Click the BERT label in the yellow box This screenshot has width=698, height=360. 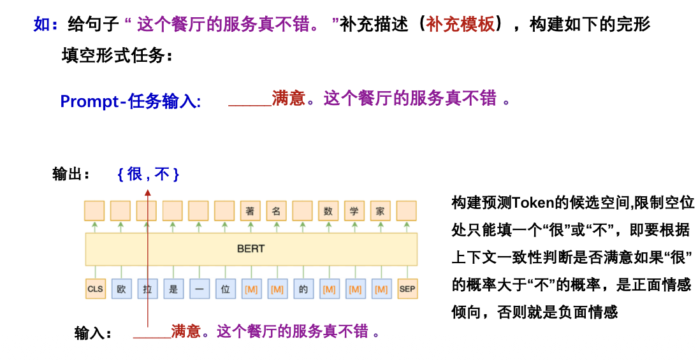[x=251, y=248]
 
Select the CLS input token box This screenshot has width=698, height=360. [x=95, y=289]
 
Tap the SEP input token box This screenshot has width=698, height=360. [x=407, y=289]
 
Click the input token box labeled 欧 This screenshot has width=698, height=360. [x=121, y=289]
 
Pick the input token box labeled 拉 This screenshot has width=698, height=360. [x=147, y=289]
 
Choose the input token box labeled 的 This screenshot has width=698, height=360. [x=303, y=289]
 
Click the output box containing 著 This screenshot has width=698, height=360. [x=251, y=211]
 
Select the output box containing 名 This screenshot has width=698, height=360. [x=277, y=211]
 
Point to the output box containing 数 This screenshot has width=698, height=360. [x=328, y=211]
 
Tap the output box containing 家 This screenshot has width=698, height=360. [x=381, y=211]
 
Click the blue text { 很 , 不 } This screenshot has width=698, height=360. [x=148, y=173]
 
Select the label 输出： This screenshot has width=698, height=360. [x=71, y=174]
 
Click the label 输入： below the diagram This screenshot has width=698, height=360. [x=93, y=333]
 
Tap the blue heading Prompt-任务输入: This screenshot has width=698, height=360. [x=131, y=101]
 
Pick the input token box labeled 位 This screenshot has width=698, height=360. [x=225, y=289]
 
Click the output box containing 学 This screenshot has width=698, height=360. [x=354, y=211]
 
